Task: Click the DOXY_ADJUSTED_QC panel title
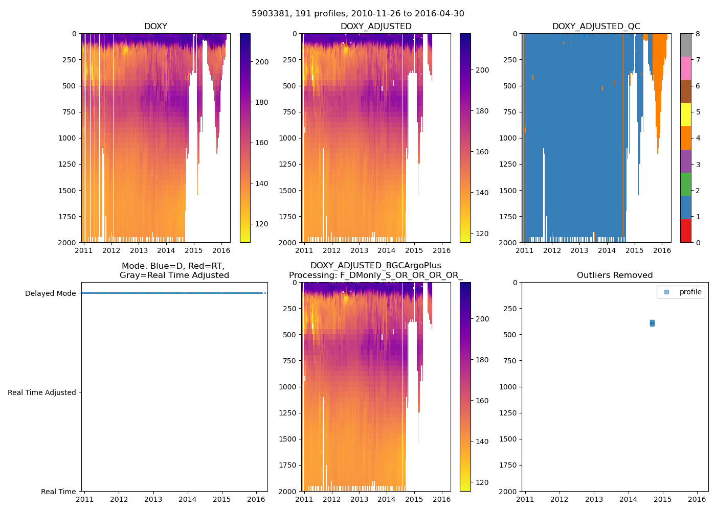[x=596, y=27]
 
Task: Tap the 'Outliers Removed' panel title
[x=615, y=275]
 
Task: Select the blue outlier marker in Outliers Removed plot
[x=652, y=323]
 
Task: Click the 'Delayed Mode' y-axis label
[x=50, y=293]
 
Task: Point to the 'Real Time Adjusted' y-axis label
[x=42, y=392]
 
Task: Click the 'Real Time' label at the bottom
[x=58, y=492]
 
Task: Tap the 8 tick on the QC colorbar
[x=697, y=34]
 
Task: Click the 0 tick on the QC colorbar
[x=697, y=242]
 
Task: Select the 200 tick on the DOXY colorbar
[x=262, y=62]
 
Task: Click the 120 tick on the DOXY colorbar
[x=262, y=224]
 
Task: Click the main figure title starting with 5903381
[x=358, y=14]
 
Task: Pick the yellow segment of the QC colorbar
[x=685, y=114]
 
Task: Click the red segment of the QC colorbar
[x=685, y=230]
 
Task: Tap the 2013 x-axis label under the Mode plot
[x=153, y=499]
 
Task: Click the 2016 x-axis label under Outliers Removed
[x=697, y=499]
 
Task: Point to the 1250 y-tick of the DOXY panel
[x=67, y=164]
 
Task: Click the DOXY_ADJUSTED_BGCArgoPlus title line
[x=375, y=266]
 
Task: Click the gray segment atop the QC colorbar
[x=685, y=45]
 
